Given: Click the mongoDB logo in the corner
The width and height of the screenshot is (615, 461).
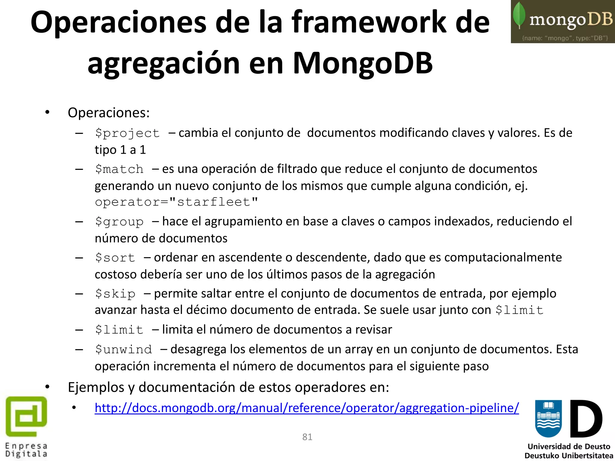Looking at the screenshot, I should [562, 22].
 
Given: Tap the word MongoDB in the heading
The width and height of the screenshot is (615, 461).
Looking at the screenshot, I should [362, 63].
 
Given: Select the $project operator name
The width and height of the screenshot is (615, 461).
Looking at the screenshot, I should [127, 133].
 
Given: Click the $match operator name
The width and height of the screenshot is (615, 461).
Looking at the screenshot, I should [119, 169].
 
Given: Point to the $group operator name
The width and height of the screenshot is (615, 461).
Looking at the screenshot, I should [119, 222].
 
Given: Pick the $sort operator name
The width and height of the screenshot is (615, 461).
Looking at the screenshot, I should [115, 258].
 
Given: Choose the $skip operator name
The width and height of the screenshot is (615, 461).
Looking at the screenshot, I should [115, 294].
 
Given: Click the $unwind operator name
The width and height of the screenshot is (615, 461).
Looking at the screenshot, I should [123, 350].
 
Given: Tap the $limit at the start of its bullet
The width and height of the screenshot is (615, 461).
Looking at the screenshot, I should [119, 330].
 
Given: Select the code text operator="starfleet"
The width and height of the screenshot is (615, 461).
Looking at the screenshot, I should [177, 202].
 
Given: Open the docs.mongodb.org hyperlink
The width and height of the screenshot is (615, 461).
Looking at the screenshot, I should [307, 408].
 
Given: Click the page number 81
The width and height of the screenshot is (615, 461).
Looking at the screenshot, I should [307, 437].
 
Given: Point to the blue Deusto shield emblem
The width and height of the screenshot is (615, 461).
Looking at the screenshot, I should [548, 418].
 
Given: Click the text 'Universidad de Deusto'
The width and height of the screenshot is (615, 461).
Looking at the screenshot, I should [569, 447].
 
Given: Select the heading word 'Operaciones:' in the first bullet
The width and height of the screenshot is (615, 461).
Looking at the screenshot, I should [109, 113].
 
